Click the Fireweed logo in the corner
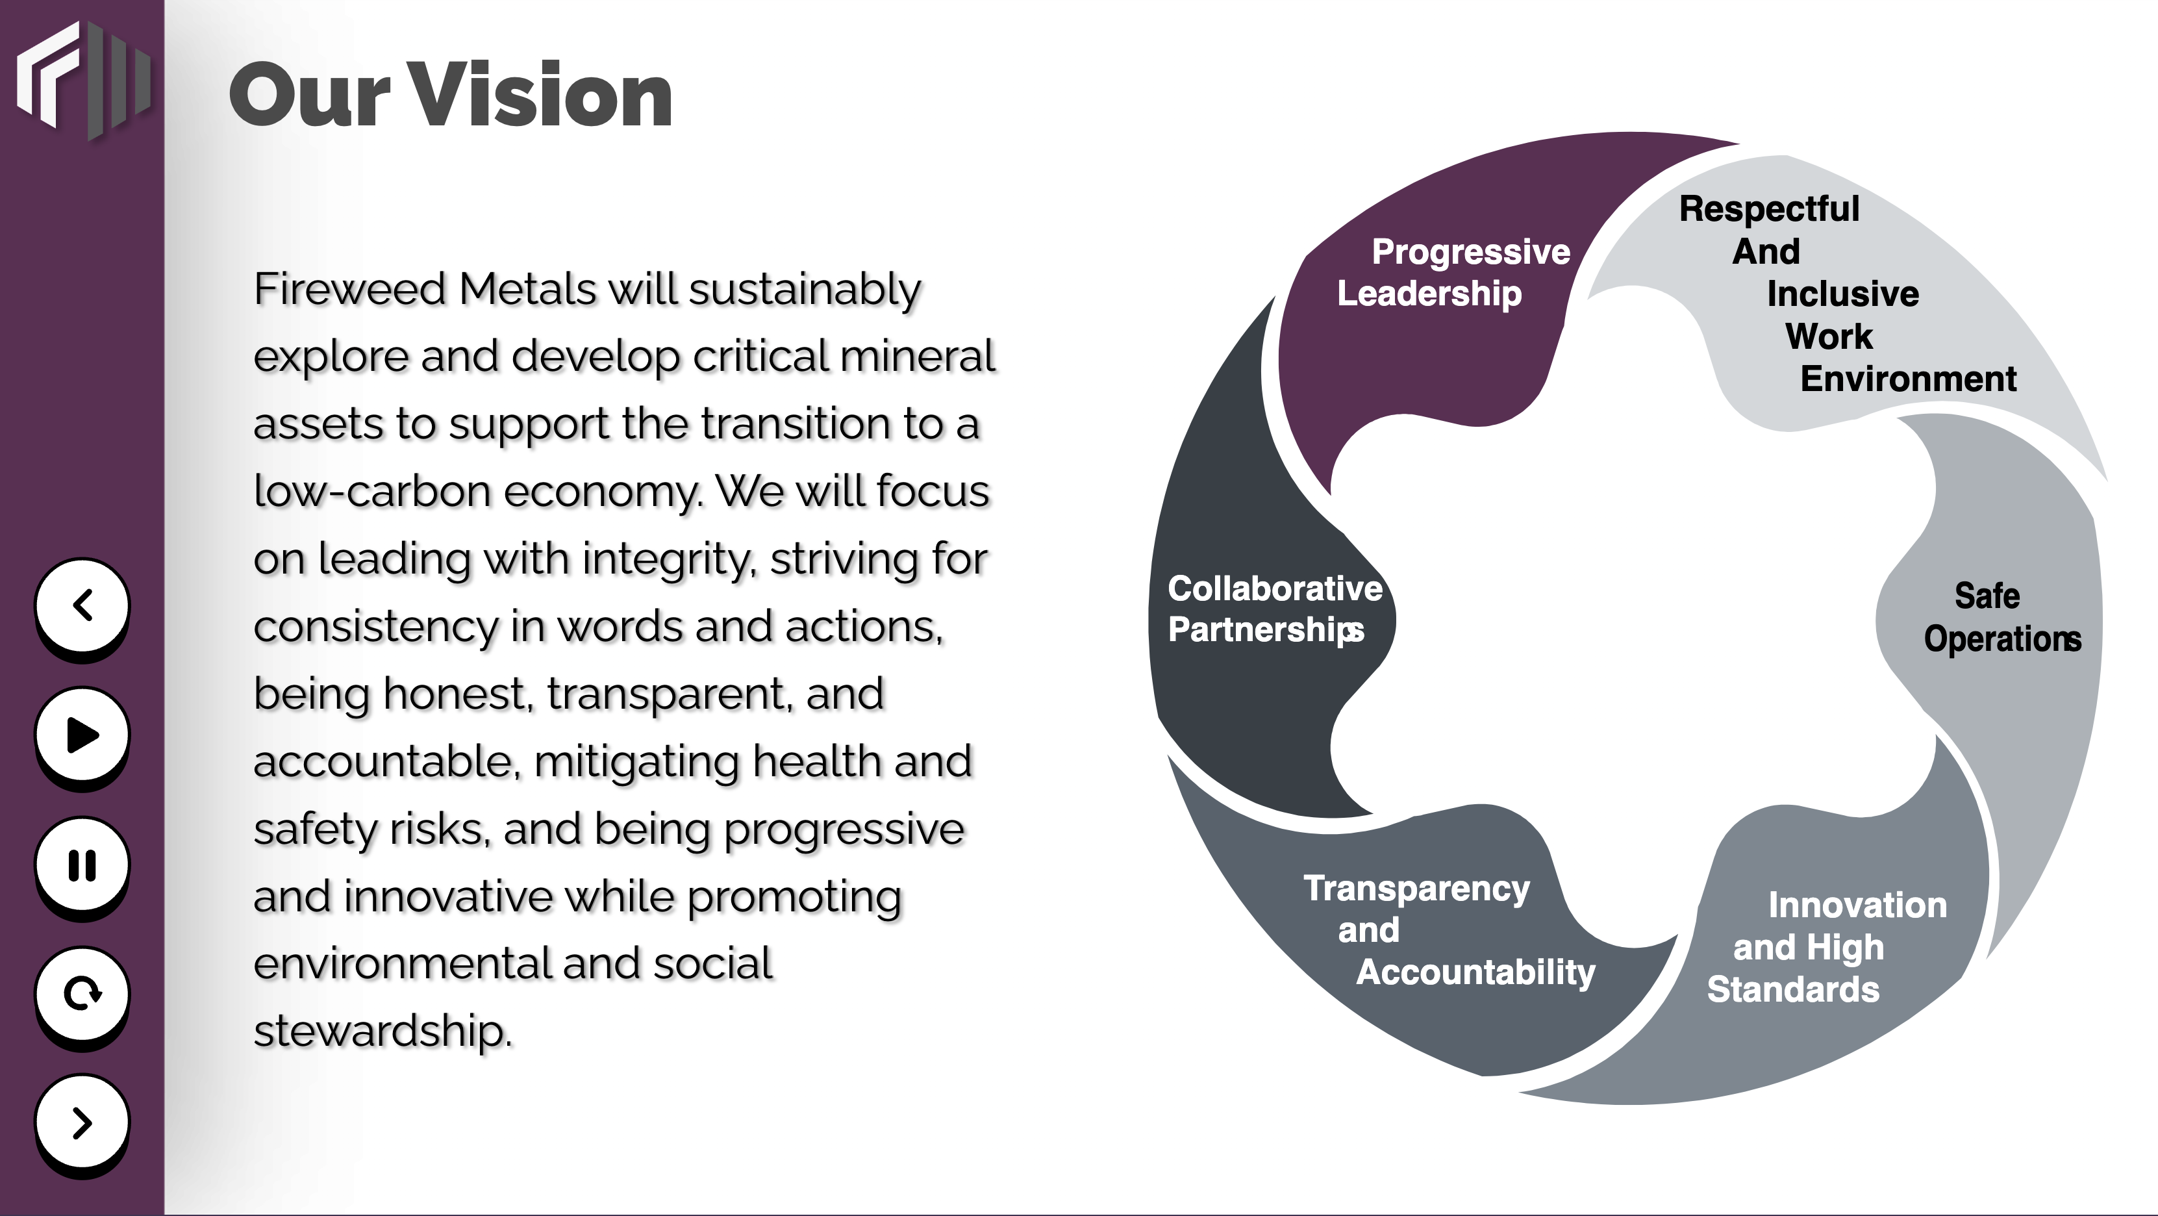pyautogui.click(x=83, y=81)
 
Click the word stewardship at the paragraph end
pyautogui.click(x=382, y=1032)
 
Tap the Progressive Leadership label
pyautogui.click(x=1453, y=272)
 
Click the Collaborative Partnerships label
pyautogui.click(x=1275, y=609)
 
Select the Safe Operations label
pyautogui.click(x=2002, y=618)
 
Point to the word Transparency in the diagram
pyautogui.click(x=1416, y=889)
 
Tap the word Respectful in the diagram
pyautogui.click(x=1769, y=210)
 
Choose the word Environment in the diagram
pyautogui.click(x=1909, y=379)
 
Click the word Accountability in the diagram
pyautogui.click(x=1476, y=973)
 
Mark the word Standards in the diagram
pyautogui.click(x=1794, y=990)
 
